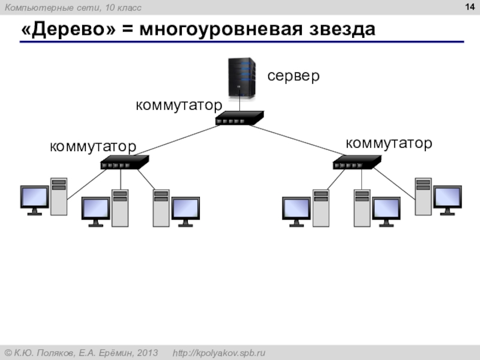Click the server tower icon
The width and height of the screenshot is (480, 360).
pyautogui.click(x=242, y=78)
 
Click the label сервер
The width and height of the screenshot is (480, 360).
pyautogui.click(x=293, y=76)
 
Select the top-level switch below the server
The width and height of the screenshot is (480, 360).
pyautogui.click(x=239, y=118)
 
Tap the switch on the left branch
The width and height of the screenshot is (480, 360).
pyautogui.click(x=125, y=162)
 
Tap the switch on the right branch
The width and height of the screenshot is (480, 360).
pyautogui.click(x=357, y=162)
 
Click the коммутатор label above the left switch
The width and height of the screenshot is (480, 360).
pyautogui.click(x=93, y=146)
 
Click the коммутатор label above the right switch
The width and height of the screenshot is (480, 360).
pyautogui.click(x=389, y=143)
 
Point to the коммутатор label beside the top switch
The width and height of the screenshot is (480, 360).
pyautogui.click(x=179, y=106)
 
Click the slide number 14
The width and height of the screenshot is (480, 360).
pyautogui.click(x=470, y=7)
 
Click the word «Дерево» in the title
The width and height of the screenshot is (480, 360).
pyautogui.click(x=68, y=29)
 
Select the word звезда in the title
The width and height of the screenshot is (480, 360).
pyautogui.click(x=342, y=29)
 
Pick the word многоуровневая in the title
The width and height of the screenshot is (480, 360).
pyautogui.click(x=221, y=30)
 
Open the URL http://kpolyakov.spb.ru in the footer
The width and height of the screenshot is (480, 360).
pyautogui.click(x=219, y=353)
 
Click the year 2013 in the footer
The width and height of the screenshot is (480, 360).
pyautogui.click(x=147, y=353)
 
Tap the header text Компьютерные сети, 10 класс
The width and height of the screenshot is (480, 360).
pyautogui.click(x=73, y=8)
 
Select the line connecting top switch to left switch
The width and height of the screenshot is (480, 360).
pyautogui.click(x=177, y=140)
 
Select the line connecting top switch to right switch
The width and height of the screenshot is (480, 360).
pyautogui.click(x=297, y=140)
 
